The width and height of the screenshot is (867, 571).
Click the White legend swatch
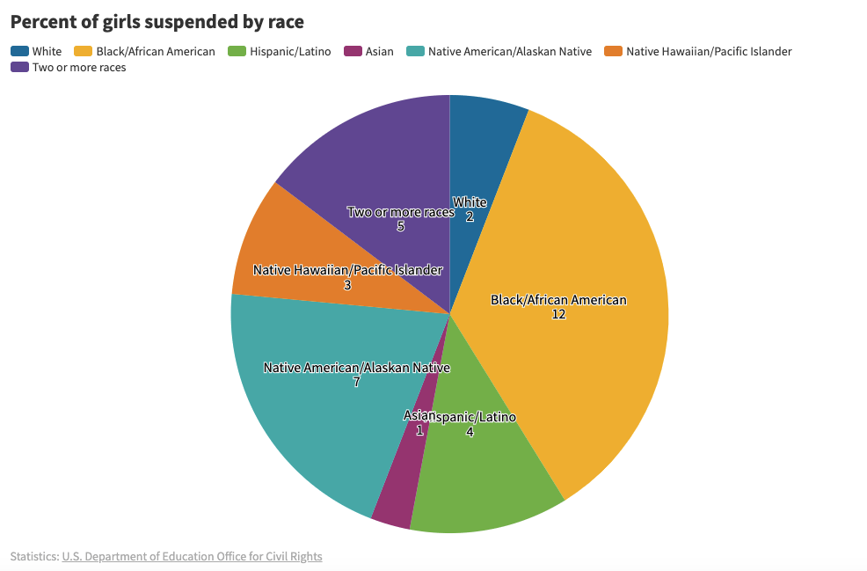point(19,51)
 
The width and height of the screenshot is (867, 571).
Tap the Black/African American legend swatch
point(84,51)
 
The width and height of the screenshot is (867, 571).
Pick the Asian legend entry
point(379,51)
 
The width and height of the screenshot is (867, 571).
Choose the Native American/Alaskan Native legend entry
point(509,51)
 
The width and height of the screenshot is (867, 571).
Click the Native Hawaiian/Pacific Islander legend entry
point(708,51)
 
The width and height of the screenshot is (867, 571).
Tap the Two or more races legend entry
point(78,67)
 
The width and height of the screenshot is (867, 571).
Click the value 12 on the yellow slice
point(558,314)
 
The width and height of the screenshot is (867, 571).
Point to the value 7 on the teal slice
point(356,383)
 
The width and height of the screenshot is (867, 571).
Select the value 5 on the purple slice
point(400,226)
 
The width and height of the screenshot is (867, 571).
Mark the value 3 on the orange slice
point(347,285)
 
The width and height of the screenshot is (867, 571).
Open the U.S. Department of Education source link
point(192,556)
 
